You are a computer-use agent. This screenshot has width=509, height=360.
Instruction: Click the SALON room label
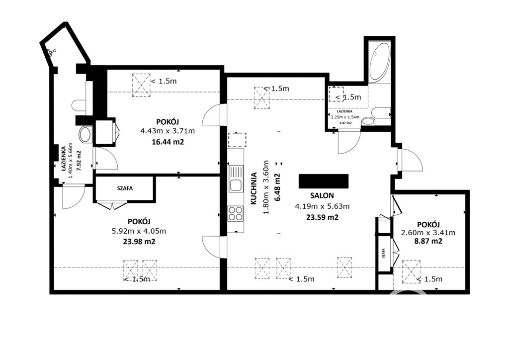[322, 195]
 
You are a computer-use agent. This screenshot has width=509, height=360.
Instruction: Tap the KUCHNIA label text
[254, 188]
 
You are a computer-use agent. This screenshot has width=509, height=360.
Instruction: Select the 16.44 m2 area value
[168, 142]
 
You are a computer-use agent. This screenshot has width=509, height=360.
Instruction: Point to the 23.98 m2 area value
[139, 242]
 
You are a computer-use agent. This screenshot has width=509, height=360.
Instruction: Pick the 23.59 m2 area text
[322, 217]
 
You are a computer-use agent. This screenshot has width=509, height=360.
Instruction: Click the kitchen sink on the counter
[236, 179]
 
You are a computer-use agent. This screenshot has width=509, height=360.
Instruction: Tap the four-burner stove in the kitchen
[236, 214]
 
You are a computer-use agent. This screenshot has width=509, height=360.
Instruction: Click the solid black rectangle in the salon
[324, 181]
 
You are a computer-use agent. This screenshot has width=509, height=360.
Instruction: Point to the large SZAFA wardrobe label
[125, 188]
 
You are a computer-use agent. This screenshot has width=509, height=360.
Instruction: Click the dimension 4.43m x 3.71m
[168, 131]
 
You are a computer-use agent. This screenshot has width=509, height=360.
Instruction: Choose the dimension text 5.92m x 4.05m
[139, 231]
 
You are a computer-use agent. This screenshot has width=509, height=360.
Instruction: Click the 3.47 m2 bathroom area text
[345, 123]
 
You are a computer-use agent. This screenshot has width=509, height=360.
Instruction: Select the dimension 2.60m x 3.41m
[428, 233]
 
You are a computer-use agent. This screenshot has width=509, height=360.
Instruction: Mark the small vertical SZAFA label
[384, 253]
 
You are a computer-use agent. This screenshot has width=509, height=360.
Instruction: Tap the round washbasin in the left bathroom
[85, 135]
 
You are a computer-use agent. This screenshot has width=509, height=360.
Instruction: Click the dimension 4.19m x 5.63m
[322, 206]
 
